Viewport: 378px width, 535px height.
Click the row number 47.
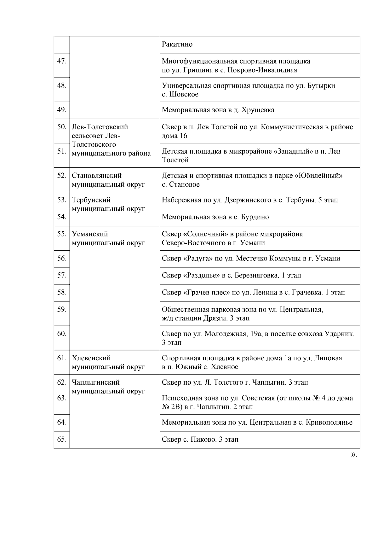click(x=61, y=61)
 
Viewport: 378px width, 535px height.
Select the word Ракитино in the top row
click(x=177, y=44)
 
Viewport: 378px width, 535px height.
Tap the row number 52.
click(x=61, y=176)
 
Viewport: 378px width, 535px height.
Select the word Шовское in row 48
click(x=184, y=95)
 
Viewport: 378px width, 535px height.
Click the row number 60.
click(x=61, y=334)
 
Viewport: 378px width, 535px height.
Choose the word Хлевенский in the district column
click(x=91, y=358)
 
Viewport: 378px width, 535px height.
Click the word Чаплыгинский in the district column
click(x=96, y=382)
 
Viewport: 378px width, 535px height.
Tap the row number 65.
click(x=61, y=439)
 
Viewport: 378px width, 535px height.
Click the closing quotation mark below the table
click(x=354, y=455)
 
